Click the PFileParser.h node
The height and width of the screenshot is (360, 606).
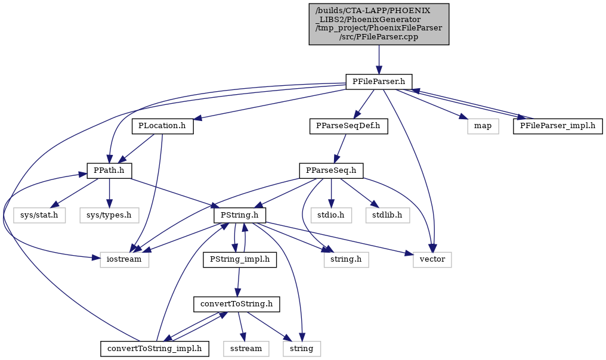click(x=379, y=82)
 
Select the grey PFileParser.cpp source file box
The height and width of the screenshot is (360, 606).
click(x=379, y=24)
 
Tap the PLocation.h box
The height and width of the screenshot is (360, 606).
click(x=162, y=126)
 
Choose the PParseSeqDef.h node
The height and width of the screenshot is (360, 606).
click(x=348, y=126)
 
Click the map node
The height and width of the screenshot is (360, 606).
click(x=483, y=126)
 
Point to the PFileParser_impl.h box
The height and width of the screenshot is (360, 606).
click(x=558, y=126)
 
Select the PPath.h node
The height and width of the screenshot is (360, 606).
click(x=109, y=170)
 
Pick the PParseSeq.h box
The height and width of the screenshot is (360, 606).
click(x=331, y=170)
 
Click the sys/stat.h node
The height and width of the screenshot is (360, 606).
click(x=39, y=215)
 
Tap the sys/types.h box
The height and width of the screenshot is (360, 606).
click(x=109, y=215)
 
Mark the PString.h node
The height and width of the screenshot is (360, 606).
click(x=240, y=215)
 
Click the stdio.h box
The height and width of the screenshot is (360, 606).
click(x=331, y=215)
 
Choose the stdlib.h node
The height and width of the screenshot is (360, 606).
click(x=388, y=215)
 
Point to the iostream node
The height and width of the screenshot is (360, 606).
click(x=125, y=260)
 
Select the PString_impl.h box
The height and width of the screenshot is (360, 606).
click(x=240, y=260)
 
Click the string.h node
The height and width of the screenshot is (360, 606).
click(x=347, y=260)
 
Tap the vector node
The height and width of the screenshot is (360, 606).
click(x=432, y=260)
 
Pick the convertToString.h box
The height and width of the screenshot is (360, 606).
click(x=237, y=305)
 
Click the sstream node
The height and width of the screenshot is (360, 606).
click(x=246, y=349)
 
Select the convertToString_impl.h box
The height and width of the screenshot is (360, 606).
click(x=154, y=349)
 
